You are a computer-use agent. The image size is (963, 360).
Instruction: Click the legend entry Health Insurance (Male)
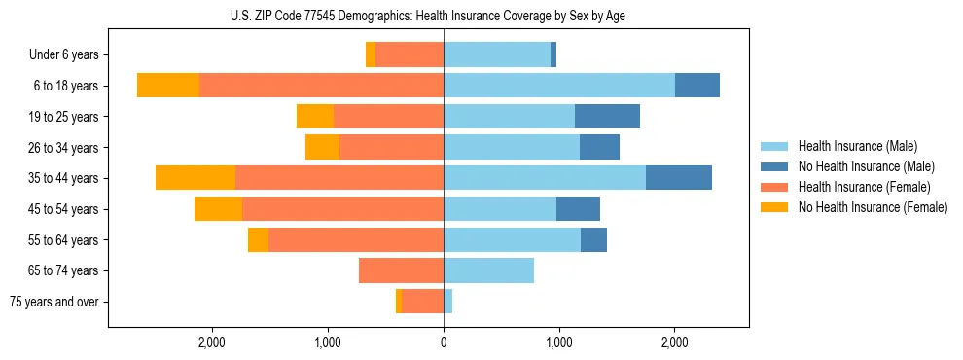click(857, 146)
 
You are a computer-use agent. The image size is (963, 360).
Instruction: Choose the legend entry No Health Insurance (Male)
click(866, 166)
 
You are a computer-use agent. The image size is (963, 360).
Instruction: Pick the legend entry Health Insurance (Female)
click(864, 187)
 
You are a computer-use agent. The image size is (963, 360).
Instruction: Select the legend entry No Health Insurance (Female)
click(873, 207)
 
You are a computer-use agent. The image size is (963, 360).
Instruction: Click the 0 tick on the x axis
click(444, 342)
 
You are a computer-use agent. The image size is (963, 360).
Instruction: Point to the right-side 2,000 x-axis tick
click(674, 342)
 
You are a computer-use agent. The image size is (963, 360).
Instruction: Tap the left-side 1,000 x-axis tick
click(328, 342)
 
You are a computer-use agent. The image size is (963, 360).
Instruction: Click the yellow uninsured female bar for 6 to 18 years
click(168, 86)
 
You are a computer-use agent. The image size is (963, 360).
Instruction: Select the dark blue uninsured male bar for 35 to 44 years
click(678, 178)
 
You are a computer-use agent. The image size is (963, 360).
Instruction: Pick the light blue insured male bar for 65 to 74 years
click(488, 270)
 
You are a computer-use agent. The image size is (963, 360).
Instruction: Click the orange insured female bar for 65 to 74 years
click(401, 270)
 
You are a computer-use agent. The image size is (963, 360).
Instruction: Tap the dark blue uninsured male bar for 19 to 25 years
click(607, 117)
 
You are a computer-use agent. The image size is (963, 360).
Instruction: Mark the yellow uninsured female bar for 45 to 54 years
click(218, 209)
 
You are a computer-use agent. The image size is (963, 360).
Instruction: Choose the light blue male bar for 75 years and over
click(447, 302)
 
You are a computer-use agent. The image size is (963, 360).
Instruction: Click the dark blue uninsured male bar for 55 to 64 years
click(593, 240)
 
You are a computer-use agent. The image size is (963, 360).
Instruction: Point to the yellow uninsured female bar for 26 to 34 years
click(322, 148)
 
